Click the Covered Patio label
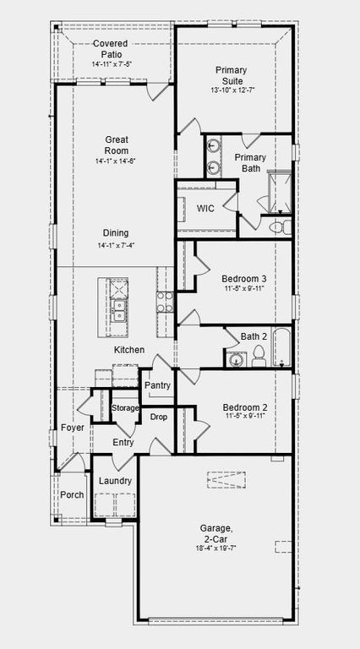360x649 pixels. click(x=111, y=49)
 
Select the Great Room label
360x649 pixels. click(x=116, y=145)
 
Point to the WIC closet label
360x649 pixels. click(x=205, y=208)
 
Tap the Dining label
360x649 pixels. click(x=116, y=233)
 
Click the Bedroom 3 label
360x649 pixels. click(x=244, y=279)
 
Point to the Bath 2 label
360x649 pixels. click(x=254, y=337)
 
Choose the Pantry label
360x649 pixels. click(x=157, y=385)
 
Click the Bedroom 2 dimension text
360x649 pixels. click(x=245, y=415)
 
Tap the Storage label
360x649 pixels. click(x=125, y=408)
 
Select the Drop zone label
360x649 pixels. click(x=158, y=417)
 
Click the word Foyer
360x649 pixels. click(x=73, y=428)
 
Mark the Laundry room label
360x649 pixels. click(x=115, y=481)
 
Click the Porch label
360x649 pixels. click(x=72, y=494)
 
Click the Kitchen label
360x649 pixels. click(x=129, y=350)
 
